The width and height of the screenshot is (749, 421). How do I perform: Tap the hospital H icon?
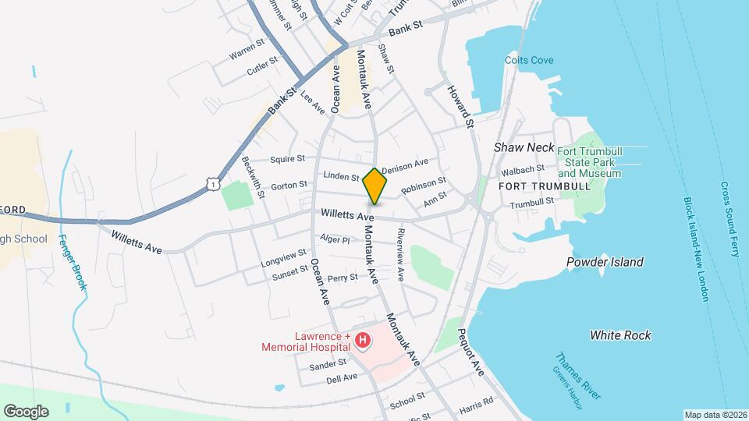(362, 340)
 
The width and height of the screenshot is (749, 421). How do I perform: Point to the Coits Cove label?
(524, 59)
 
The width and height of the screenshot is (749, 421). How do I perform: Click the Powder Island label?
(605, 262)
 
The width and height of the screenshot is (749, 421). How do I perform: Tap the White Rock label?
(620, 335)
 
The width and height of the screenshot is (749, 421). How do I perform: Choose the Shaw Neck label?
(524, 147)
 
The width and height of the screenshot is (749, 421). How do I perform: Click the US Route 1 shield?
(211, 182)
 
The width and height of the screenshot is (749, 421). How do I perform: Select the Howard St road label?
(460, 107)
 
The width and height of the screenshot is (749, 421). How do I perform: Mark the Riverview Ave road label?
(401, 254)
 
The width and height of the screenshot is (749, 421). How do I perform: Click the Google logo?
(26, 411)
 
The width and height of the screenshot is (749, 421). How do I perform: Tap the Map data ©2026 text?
(715, 415)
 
